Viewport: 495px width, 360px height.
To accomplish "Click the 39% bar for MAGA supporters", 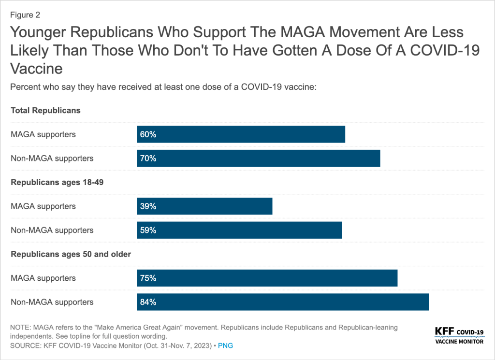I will pos(204,206).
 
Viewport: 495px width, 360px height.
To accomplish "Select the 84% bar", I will pos(283,302).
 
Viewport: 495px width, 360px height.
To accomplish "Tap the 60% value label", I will pos(148,134).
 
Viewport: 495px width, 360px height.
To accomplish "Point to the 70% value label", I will pos(148,158).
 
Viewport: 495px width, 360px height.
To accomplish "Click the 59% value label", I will pos(148,230).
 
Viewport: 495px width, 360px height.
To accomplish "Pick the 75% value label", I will pos(148,278).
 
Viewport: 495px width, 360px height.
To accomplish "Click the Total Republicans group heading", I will pos(45,110).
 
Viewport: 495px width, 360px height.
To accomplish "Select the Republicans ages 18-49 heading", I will pos(57,182).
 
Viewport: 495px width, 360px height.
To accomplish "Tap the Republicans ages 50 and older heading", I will pos(71,254).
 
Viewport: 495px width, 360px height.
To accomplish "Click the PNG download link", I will pos(226,346).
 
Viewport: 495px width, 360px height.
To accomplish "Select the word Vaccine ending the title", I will pos(36,68).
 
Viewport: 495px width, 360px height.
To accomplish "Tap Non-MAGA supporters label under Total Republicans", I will pos(52,158).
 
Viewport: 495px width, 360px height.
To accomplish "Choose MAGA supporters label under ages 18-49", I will pos(43,206).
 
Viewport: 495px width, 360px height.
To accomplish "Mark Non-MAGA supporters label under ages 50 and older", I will pos(52,302).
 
